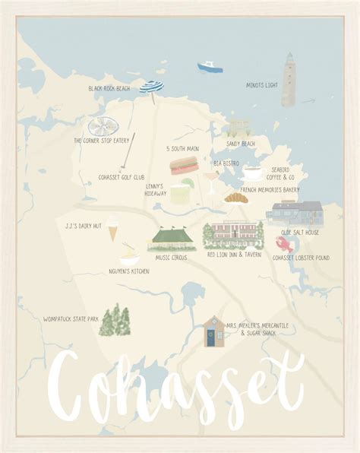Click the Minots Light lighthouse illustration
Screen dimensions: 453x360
pyautogui.click(x=289, y=80)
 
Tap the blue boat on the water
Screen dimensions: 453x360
pyautogui.click(x=210, y=67)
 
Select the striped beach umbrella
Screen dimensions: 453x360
pyautogui.click(x=152, y=88)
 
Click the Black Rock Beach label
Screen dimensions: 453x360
pyautogui.click(x=109, y=89)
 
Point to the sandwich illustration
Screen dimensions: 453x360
pyautogui.click(x=183, y=165)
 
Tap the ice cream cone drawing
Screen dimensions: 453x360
pyautogui.click(x=112, y=226)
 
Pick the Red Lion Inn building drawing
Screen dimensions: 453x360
pyautogui.click(x=233, y=236)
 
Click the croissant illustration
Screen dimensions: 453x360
pyautogui.click(x=235, y=198)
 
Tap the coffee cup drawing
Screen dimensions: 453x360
pyautogui.click(x=251, y=172)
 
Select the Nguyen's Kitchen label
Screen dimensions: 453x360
pyautogui.click(x=129, y=271)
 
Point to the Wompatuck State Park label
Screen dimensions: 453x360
pyautogui.click(x=71, y=318)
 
